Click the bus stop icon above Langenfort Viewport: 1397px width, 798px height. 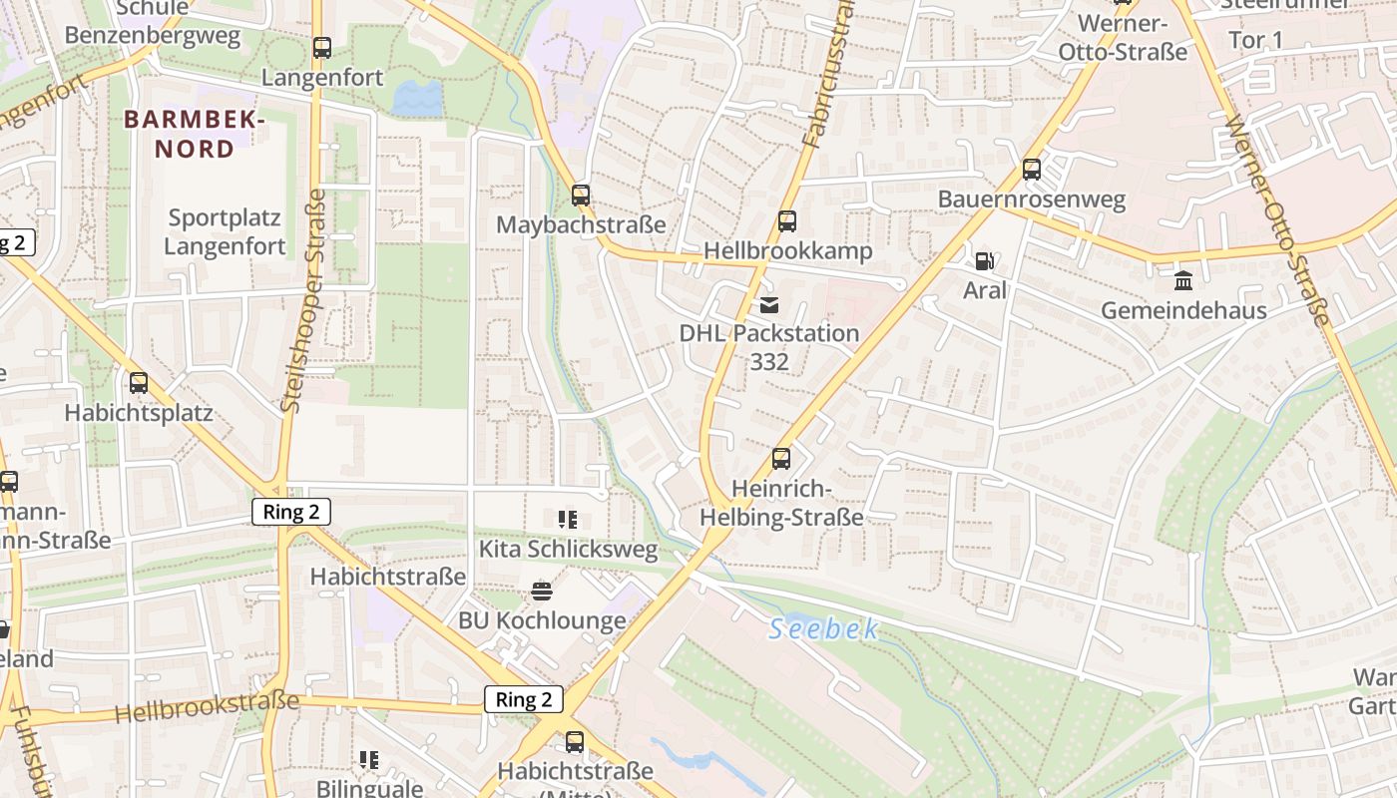pos(321,47)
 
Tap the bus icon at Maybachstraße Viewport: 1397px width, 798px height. pos(581,196)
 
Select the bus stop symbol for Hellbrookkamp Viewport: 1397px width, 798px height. pos(787,221)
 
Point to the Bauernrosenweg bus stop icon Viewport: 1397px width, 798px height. pos(1032,170)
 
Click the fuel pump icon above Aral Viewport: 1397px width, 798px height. pos(984,261)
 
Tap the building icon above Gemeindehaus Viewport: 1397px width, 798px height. pos(1183,280)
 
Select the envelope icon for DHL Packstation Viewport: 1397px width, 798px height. pos(768,304)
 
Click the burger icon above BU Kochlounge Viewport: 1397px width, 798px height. pos(542,591)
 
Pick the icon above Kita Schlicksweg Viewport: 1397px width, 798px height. pos(568,519)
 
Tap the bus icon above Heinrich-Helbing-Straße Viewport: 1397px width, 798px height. pos(780,459)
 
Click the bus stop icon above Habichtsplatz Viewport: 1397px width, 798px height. pos(139,382)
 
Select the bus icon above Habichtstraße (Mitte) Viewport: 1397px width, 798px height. pos(575,741)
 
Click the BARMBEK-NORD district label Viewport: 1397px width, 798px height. pos(194,135)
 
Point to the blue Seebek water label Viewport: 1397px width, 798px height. pos(824,629)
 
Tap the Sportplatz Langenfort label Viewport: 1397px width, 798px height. pos(225,231)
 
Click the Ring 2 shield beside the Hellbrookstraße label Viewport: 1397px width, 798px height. pos(524,699)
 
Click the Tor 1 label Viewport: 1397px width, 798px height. pos(1255,40)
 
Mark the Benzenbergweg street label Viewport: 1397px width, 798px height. pos(153,37)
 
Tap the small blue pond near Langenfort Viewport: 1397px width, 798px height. pos(418,99)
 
